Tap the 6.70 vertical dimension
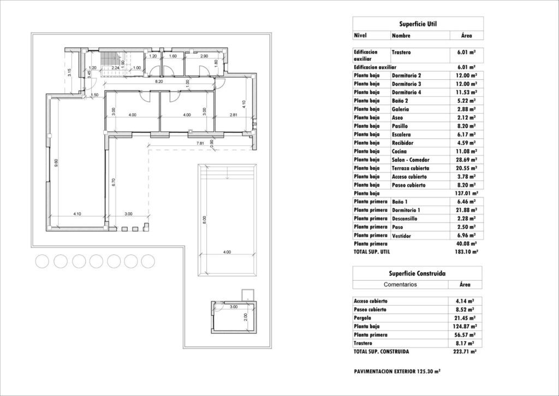113,183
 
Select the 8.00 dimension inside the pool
204,221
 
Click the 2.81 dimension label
233,115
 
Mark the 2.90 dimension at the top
204,56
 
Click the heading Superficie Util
418,24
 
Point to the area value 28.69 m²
466,160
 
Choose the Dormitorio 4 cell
407,92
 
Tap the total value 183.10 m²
466,252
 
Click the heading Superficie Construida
418,273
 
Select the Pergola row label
363,318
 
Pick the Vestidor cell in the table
402,235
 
